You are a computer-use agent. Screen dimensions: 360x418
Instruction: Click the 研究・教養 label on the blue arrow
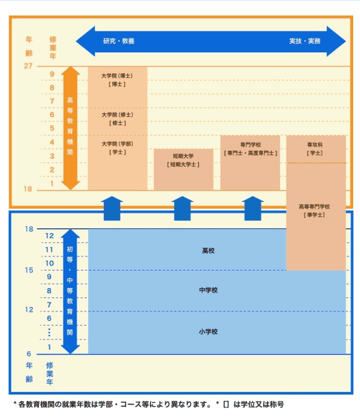click(x=119, y=41)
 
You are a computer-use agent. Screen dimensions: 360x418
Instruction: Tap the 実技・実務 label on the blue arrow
click(x=305, y=41)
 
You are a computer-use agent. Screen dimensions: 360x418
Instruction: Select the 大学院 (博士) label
click(x=117, y=75)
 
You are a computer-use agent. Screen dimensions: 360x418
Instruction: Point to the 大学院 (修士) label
click(x=117, y=115)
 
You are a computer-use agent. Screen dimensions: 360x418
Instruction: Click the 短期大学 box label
click(x=183, y=156)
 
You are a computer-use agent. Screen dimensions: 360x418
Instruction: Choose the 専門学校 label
click(x=250, y=145)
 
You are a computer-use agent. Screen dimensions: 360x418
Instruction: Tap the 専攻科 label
click(x=315, y=145)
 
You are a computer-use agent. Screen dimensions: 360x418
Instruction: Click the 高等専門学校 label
click(x=314, y=206)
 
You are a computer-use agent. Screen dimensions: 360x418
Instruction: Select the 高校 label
click(x=208, y=250)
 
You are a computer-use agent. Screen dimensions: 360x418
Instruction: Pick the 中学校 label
click(x=208, y=290)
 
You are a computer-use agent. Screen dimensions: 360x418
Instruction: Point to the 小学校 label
click(x=208, y=332)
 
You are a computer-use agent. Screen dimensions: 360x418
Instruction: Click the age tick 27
click(x=28, y=66)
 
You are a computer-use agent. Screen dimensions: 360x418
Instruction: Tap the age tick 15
click(x=29, y=270)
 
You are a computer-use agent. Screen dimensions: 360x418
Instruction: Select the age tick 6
click(x=29, y=354)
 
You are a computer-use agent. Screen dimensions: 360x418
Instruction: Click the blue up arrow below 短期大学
click(x=182, y=208)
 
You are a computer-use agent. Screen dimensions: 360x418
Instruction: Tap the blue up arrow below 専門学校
click(x=253, y=208)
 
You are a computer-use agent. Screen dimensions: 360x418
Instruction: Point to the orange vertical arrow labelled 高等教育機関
click(x=71, y=128)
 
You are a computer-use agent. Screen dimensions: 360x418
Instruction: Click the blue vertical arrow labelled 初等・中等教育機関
click(x=70, y=292)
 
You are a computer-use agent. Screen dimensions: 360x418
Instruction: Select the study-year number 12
click(x=49, y=236)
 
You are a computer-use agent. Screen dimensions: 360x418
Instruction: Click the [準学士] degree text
click(x=314, y=215)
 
